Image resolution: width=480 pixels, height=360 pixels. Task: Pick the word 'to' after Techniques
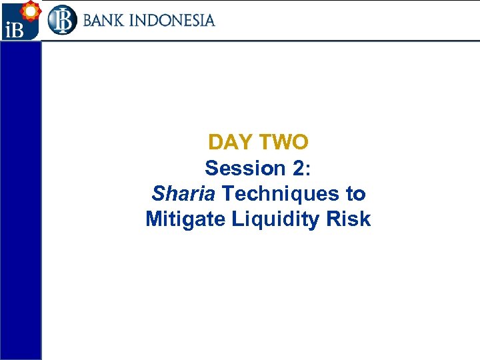355,194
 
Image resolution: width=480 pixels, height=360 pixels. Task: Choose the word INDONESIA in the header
177,20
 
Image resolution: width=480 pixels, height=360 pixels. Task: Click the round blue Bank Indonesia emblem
62,20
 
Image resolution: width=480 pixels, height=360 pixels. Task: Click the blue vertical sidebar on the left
20,200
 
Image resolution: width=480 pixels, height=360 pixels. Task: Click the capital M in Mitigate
154,219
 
